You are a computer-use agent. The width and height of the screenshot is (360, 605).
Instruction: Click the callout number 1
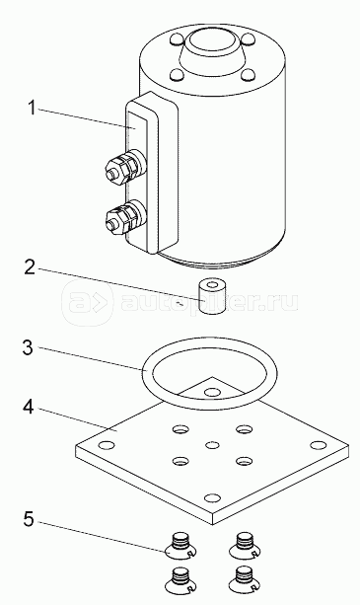[32, 108]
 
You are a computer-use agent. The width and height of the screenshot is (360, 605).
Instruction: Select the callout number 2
[30, 267]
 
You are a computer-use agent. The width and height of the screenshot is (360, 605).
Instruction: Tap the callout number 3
[28, 347]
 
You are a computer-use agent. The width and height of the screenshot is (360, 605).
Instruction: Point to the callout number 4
[29, 407]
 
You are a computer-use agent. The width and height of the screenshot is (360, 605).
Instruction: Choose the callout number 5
[29, 518]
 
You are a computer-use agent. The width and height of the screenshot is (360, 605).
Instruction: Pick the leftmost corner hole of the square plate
[106, 445]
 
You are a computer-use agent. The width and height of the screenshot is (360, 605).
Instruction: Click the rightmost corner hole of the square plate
[319, 445]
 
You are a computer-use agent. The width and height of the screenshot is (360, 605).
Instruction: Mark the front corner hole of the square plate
[212, 497]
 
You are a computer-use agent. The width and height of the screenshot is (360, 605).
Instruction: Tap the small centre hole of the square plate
[212, 445]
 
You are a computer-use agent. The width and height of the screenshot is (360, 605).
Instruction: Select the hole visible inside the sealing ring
[211, 393]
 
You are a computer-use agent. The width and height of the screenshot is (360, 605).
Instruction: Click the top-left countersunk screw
[180, 545]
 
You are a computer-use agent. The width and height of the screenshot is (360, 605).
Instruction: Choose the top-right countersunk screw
[245, 545]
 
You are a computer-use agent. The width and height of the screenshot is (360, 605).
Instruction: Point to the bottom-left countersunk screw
[180, 580]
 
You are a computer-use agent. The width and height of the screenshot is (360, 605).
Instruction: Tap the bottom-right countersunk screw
[245, 580]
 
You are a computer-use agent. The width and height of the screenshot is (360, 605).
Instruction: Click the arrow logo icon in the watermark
[87, 303]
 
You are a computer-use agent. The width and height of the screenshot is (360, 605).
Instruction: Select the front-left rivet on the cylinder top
[177, 74]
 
